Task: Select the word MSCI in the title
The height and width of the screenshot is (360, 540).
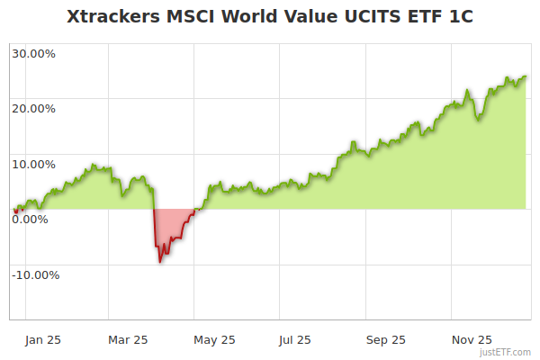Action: tap(193, 17)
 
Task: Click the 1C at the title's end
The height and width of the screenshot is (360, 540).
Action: tap(460, 17)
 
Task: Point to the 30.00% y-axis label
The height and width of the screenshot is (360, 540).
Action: tap(33, 53)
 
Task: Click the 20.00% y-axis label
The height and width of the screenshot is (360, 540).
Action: tap(33, 109)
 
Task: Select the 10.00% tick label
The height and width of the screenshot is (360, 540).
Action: tap(33, 164)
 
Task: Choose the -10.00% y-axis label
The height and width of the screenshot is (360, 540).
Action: tap(35, 274)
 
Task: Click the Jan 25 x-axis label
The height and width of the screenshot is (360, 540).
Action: tap(43, 339)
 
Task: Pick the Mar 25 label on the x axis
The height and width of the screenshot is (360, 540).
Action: tap(128, 339)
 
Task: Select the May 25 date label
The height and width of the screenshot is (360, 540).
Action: tap(214, 339)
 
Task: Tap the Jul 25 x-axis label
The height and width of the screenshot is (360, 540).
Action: tap(295, 339)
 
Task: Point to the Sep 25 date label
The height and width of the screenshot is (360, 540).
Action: tap(386, 339)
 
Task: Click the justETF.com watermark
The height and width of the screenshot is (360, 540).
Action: tap(506, 352)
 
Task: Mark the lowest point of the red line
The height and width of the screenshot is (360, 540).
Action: tap(160, 262)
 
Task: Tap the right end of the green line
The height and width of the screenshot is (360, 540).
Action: tap(526, 76)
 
